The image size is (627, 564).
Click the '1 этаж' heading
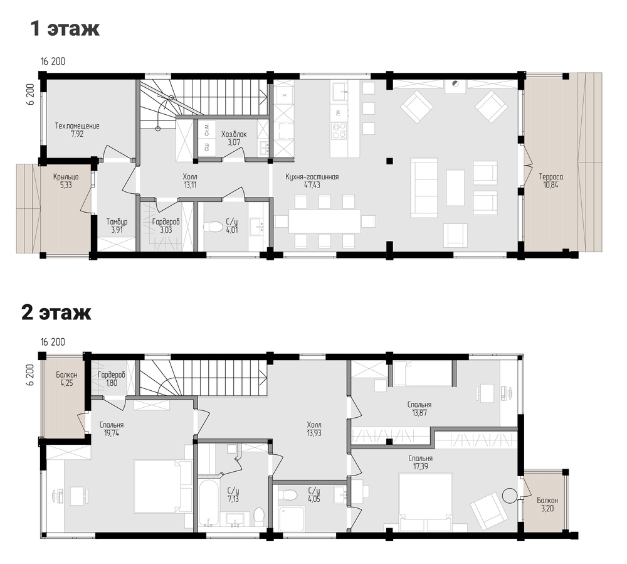[x=65, y=28]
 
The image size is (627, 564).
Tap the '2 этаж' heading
[x=56, y=312]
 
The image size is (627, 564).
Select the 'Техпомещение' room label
[x=77, y=125]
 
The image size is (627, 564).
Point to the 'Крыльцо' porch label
[x=66, y=177]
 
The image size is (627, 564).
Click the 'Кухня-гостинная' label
[x=312, y=177]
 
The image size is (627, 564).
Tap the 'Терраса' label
[x=551, y=177]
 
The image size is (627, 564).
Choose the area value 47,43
[x=312, y=185]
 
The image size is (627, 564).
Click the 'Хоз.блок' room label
[x=234, y=134]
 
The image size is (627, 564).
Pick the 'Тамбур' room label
[x=117, y=221]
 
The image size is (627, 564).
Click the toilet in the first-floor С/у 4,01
[x=213, y=227]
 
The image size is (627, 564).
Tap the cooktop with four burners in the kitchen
[x=339, y=130]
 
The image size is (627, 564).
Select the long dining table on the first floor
[x=324, y=221]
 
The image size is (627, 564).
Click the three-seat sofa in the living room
[x=424, y=188]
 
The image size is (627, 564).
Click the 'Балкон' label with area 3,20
[x=547, y=501]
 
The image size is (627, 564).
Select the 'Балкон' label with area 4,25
[x=66, y=375]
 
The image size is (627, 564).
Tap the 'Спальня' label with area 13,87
[x=419, y=405]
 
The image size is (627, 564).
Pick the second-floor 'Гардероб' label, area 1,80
[x=112, y=375]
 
